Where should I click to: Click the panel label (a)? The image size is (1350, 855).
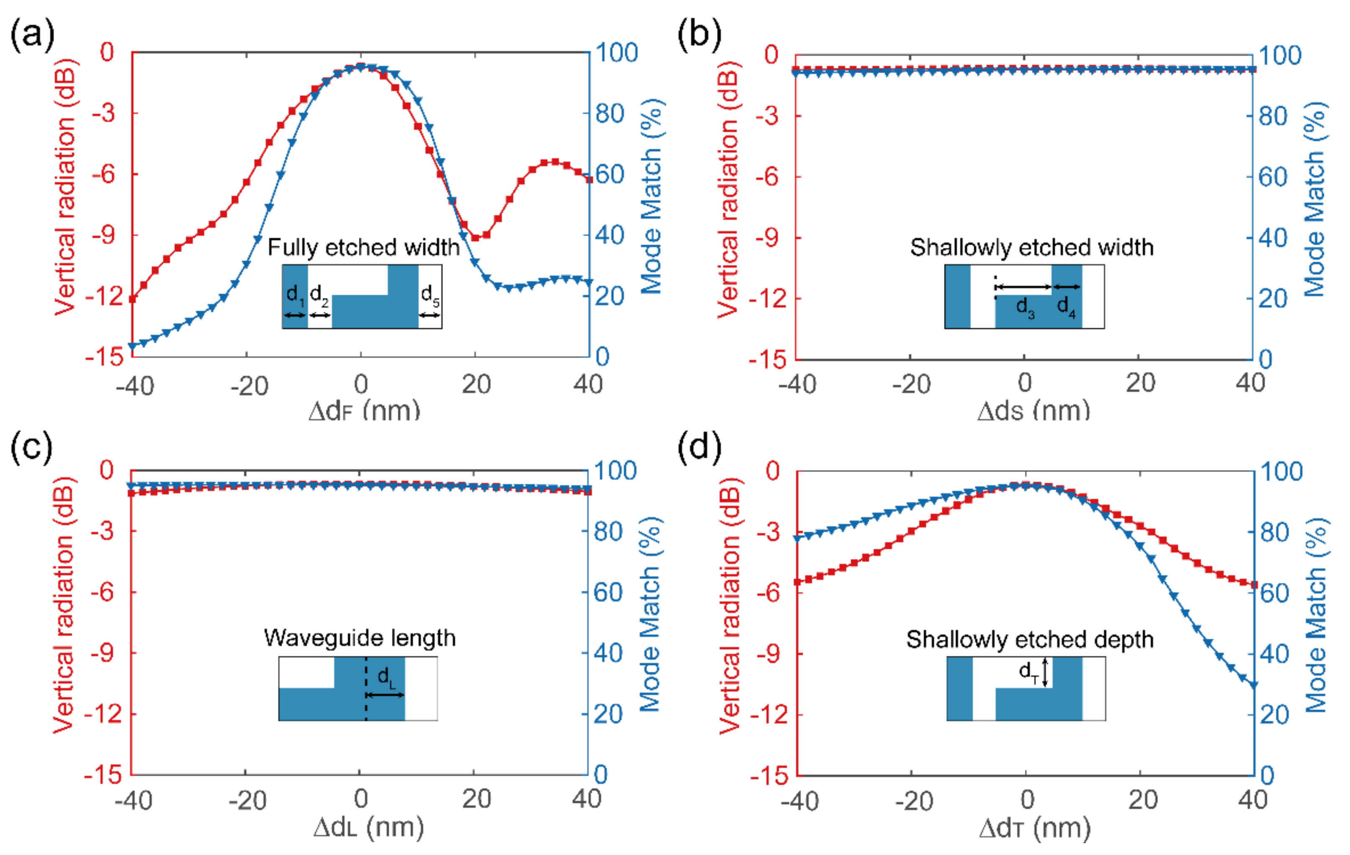click(x=32, y=35)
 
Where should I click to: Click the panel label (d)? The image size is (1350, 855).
click(x=699, y=447)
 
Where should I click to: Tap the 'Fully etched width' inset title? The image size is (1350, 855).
click(x=363, y=247)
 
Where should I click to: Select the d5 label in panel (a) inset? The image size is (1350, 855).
click(x=429, y=294)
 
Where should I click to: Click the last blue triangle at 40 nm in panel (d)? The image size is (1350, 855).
click(x=1254, y=685)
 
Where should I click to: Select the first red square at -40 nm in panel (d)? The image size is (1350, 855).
click(x=797, y=582)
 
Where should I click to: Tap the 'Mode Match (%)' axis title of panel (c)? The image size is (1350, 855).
click(x=651, y=614)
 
